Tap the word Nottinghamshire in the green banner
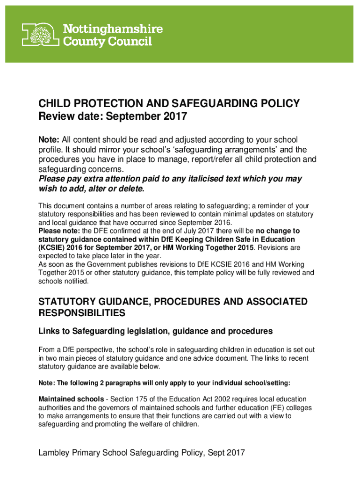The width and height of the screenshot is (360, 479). click(113, 29)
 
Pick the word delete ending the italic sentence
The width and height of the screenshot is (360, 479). click(131, 189)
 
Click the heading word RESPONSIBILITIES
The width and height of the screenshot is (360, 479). click(81, 312)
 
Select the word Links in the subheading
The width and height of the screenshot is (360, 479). click(49, 331)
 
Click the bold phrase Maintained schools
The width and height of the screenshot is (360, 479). click(71, 399)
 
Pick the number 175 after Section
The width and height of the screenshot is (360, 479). click(142, 399)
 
